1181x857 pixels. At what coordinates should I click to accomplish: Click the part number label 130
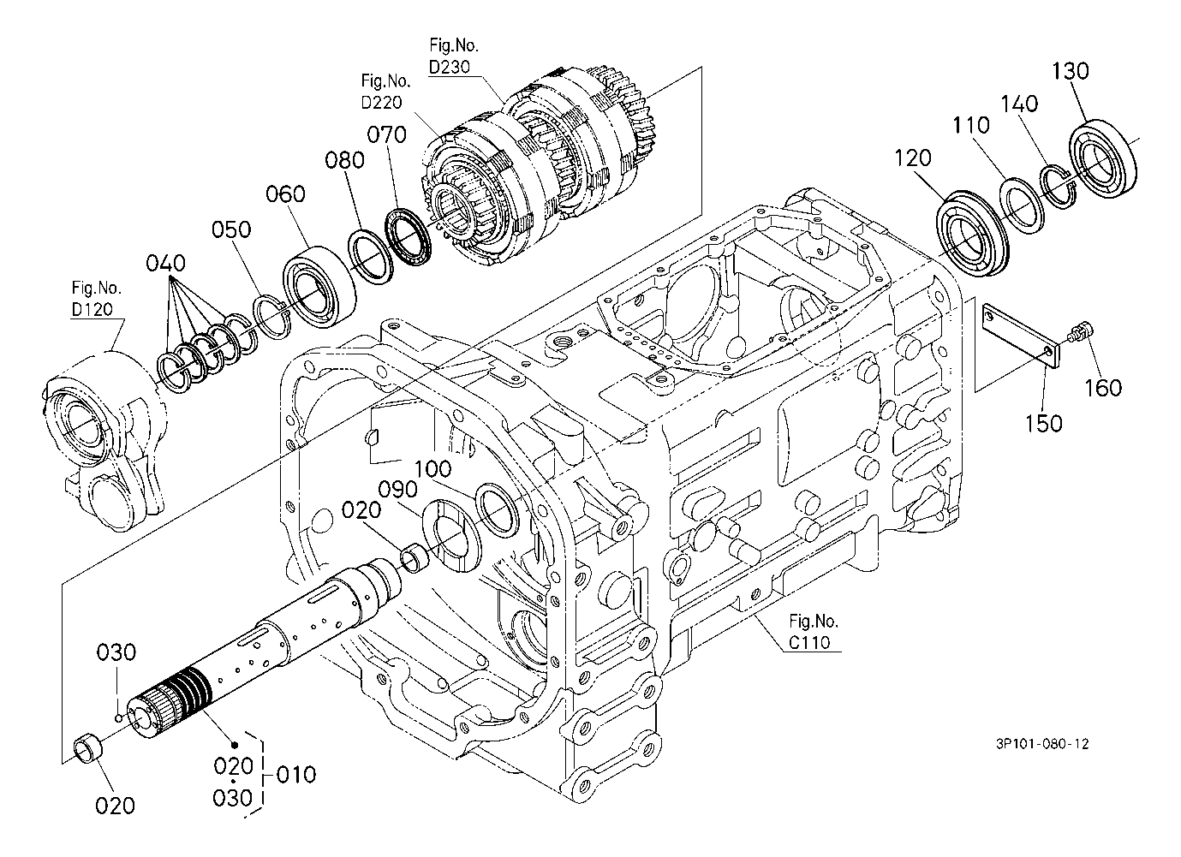pyautogui.click(x=1071, y=70)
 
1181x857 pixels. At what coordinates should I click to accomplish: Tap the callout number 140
pyautogui.click(x=1019, y=104)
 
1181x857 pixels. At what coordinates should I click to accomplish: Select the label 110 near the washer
pyautogui.click(x=970, y=126)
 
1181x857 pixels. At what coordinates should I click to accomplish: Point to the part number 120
pyautogui.click(x=913, y=158)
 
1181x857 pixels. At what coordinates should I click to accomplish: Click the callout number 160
pyautogui.click(x=1103, y=389)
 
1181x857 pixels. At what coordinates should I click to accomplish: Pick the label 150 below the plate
pyautogui.click(x=1043, y=423)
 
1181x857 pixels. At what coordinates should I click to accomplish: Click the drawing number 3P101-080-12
pyautogui.click(x=1042, y=744)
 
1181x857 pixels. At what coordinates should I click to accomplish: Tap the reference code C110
pyautogui.click(x=809, y=642)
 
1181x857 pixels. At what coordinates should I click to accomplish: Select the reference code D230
pyautogui.click(x=450, y=67)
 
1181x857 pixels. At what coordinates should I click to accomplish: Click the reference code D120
pyautogui.click(x=92, y=309)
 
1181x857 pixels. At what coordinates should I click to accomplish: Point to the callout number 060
pyautogui.click(x=285, y=194)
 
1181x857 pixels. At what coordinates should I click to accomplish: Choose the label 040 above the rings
pyautogui.click(x=165, y=263)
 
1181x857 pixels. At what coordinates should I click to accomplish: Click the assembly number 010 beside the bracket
pyautogui.click(x=296, y=775)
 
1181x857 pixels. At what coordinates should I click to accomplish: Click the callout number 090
pyautogui.click(x=398, y=490)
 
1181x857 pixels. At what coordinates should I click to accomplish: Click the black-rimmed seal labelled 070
pyautogui.click(x=409, y=236)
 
